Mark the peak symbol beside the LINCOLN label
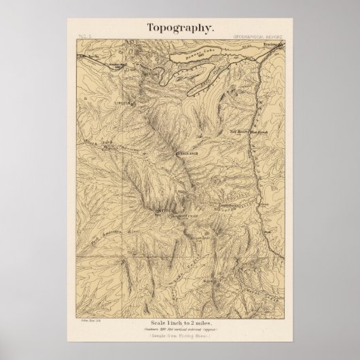coord(132,102)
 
